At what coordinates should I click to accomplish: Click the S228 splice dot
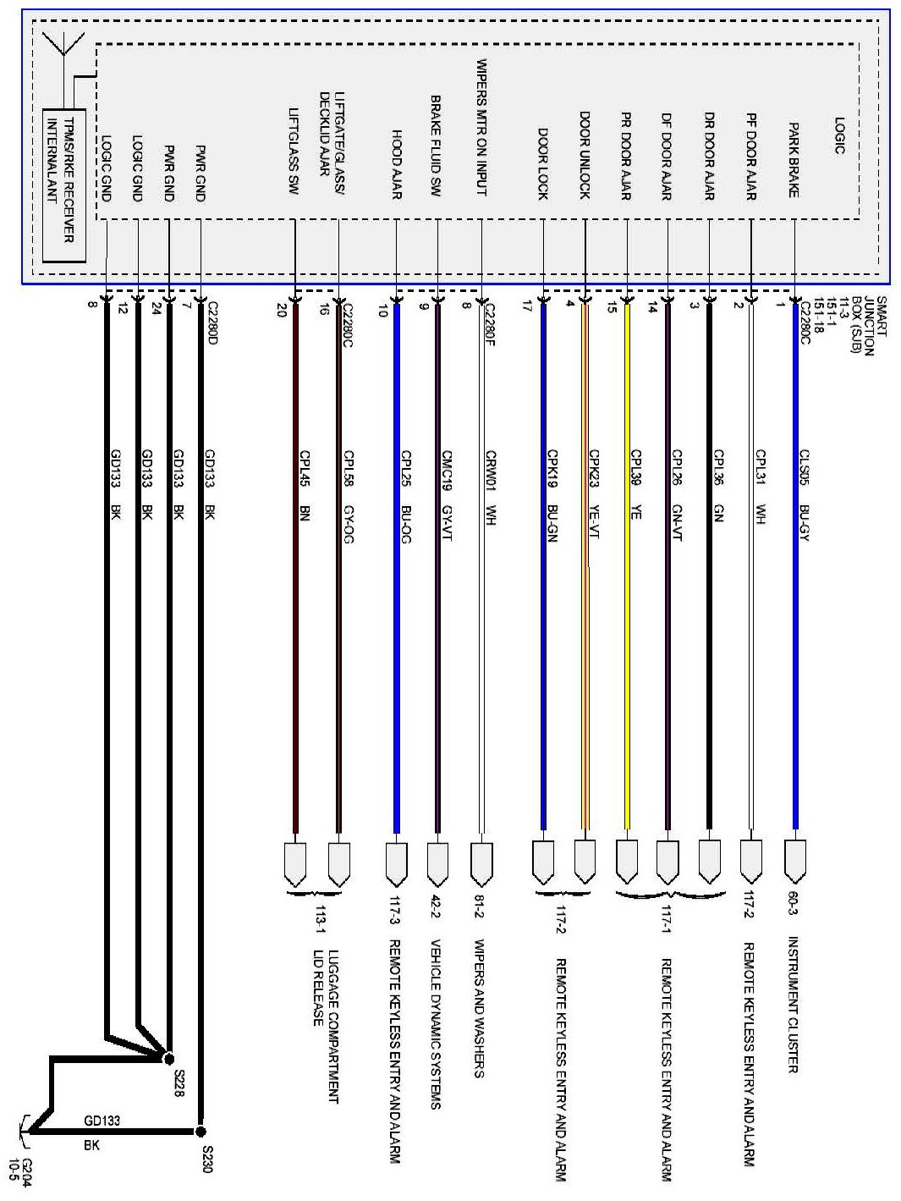point(168,1058)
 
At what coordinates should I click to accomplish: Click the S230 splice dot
point(200,1131)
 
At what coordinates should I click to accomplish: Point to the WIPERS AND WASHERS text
point(479,1007)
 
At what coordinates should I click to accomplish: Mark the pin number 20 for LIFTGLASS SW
point(282,310)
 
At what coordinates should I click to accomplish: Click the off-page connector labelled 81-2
point(480,861)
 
